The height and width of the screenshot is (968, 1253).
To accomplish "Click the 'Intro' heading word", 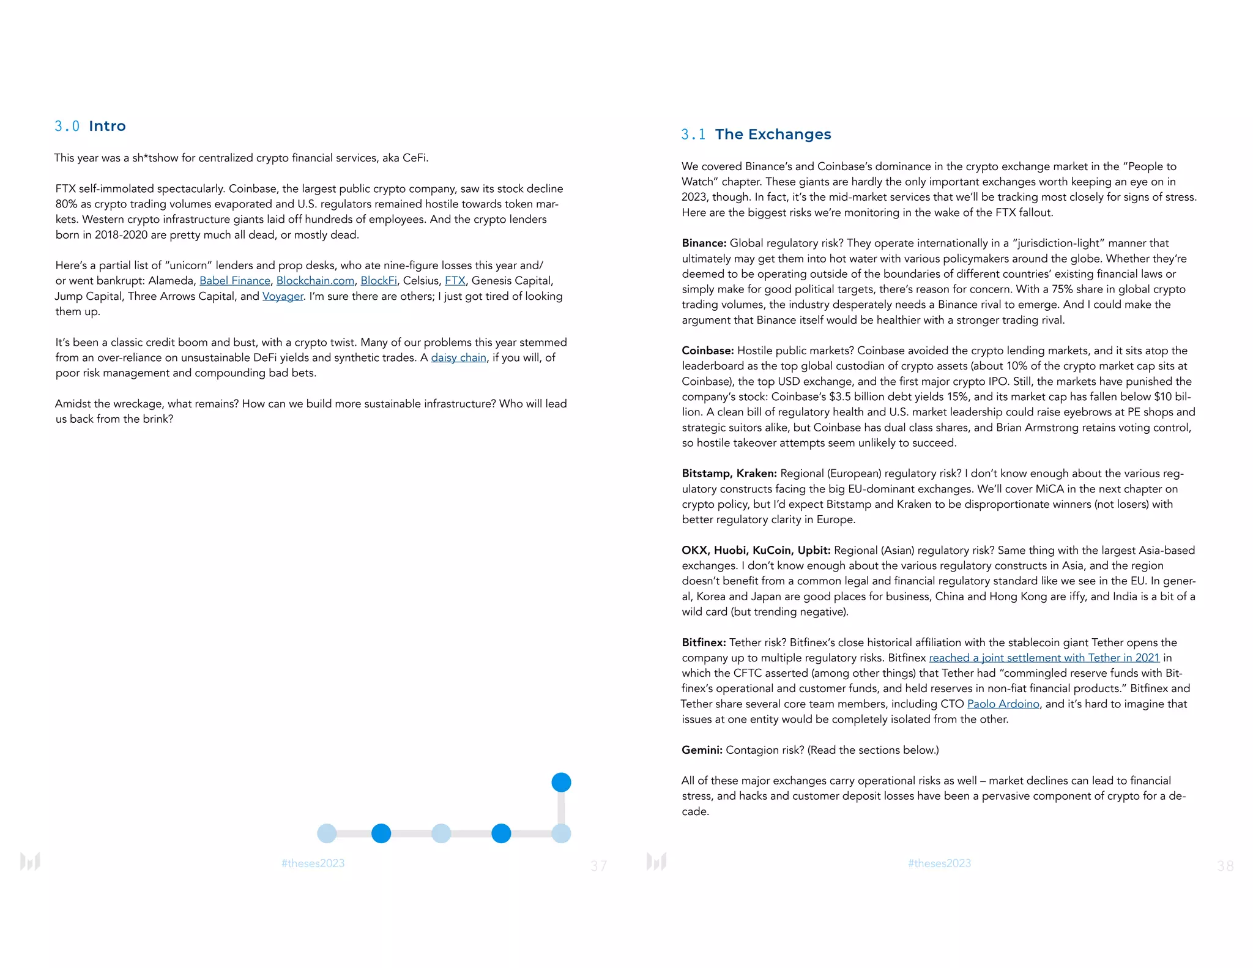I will (x=107, y=126).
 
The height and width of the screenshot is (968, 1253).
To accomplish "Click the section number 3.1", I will (x=693, y=135).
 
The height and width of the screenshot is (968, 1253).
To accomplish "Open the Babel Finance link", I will (x=234, y=281).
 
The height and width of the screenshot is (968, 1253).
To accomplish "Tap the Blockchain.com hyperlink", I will (x=315, y=281).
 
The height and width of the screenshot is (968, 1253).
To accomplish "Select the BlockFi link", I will (x=378, y=281).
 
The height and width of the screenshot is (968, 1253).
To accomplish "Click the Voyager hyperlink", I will (x=283, y=296).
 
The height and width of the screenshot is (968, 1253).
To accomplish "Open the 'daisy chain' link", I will (x=458, y=358).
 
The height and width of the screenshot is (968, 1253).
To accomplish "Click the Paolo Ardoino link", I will (x=1003, y=704).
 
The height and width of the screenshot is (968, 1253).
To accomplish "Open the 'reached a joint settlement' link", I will (x=1044, y=658).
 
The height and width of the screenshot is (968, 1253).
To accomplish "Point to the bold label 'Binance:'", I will (x=704, y=244).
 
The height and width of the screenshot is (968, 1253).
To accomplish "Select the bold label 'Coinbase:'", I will (x=707, y=351).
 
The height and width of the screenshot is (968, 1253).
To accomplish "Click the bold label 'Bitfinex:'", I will (x=704, y=642).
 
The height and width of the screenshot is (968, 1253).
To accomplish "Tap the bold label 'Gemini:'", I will (x=702, y=750).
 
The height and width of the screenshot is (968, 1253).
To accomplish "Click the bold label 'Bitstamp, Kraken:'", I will (x=729, y=474).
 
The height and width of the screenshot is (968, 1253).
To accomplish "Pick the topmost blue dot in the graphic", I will (x=561, y=782).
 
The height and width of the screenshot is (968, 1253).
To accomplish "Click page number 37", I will (x=598, y=866).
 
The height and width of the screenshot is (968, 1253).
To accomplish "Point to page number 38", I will (x=1225, y=866).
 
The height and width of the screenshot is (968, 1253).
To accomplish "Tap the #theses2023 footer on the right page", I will (x=939, y=863).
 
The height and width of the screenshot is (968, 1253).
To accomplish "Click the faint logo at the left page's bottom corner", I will (x=30, y=862).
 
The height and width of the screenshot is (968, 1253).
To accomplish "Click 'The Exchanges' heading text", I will (x=773, y=135).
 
